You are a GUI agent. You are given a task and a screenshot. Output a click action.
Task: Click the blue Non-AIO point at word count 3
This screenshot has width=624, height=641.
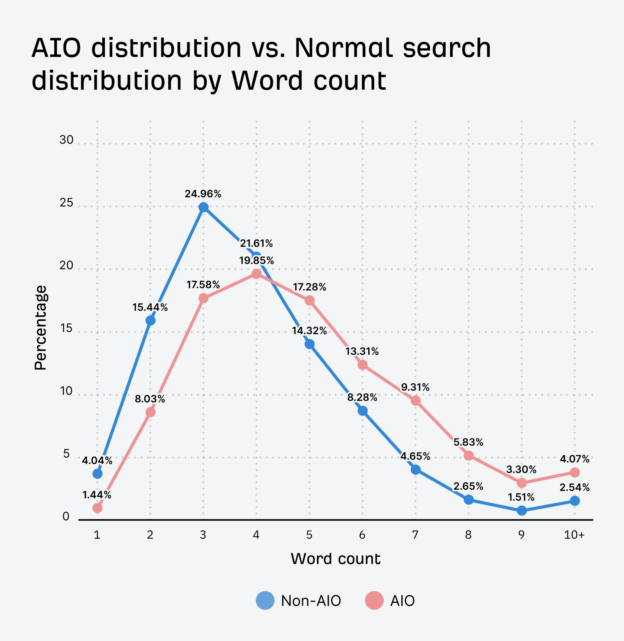tap(203, 207)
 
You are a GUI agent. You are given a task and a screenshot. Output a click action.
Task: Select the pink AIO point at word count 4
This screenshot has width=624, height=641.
tap(256, 274)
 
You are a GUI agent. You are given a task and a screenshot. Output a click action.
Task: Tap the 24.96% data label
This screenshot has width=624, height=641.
tap(203, 194)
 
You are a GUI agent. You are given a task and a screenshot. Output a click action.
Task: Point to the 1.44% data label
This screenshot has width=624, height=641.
tap(97, 495)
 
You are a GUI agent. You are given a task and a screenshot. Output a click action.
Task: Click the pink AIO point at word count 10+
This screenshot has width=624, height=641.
tap(574, 472)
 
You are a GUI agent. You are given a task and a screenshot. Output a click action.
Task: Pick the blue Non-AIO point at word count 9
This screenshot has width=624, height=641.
tap(521, 510)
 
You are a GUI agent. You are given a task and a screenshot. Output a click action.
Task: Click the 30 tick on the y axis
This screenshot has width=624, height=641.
tap(66, 140)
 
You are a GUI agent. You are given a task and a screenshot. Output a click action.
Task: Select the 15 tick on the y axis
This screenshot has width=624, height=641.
tap(66, 329)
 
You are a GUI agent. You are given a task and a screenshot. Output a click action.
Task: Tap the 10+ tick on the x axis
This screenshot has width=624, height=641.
tap(574, 535)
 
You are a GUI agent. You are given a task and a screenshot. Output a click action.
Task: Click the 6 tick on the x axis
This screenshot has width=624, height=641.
tap(362, 535)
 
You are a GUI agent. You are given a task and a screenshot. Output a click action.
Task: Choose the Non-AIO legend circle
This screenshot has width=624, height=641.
tap(265, 600)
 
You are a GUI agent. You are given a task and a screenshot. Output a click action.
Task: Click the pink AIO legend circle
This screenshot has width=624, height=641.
tap(374, 600)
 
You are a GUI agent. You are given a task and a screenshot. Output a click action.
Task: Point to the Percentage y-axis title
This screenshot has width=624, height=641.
tap(40, 328)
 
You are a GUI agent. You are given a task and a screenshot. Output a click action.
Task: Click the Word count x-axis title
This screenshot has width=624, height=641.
tap(335, 559)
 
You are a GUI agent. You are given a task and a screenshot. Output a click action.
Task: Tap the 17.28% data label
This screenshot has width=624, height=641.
tap(309, 287)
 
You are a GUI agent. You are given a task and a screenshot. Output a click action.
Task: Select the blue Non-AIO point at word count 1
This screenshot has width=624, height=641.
tap(97, 474)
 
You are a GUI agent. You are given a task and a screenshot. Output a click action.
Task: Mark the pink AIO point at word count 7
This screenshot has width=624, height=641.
tap(415, 400)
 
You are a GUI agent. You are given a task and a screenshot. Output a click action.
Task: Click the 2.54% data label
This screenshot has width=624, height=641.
tap(574, 487)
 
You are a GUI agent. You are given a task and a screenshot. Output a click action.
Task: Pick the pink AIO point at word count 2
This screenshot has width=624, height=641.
tap(150, 412)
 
